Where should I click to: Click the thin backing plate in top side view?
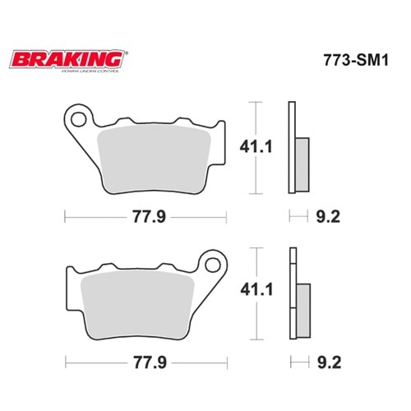tap(291, 148)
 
